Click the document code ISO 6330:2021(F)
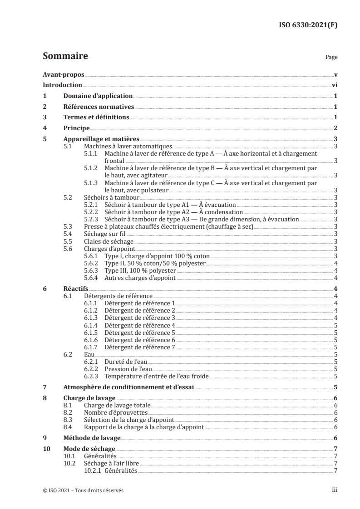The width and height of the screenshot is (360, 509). (x=307, y=25)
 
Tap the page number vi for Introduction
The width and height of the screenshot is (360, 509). (x=334, y=85)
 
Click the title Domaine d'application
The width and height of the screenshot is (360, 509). (x=97, y=96)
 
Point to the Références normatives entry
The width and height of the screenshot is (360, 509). (x=99, y=107)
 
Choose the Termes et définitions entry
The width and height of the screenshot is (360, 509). (x=96, y=117)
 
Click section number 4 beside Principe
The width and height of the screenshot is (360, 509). (x=44, y=128)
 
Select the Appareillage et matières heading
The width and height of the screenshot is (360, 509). (x=101, y=139)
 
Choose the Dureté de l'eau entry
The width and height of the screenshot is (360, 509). (x=126, y=362)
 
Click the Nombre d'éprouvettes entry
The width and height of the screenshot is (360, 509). (x=116, y=412)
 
